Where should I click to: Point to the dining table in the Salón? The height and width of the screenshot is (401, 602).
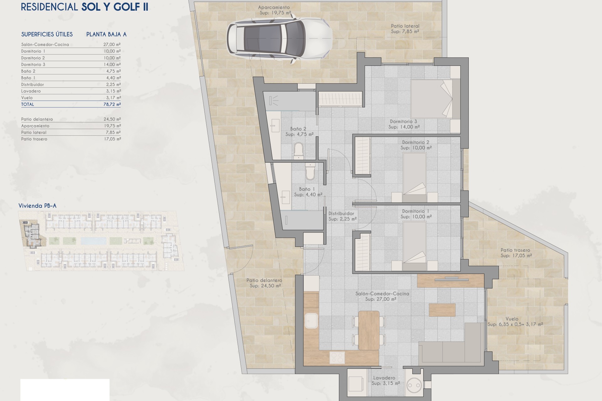368,330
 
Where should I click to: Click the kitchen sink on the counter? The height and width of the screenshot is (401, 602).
311,321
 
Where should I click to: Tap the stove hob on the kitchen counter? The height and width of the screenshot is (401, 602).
337,357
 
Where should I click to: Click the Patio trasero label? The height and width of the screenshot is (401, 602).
515,253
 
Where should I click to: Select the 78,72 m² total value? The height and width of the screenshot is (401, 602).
112,104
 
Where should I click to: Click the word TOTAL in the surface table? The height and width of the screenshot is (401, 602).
28,104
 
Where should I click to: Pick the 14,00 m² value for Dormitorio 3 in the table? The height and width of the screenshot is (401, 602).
112,65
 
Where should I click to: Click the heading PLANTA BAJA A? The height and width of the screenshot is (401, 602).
106,34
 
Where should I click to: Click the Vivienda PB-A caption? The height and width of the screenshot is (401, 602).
37,206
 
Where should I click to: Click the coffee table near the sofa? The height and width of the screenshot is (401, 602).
442,310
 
